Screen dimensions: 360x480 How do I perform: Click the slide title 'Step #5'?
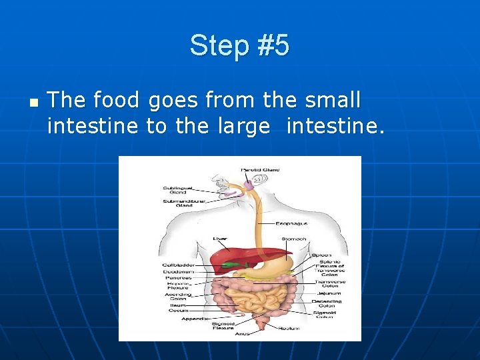239,46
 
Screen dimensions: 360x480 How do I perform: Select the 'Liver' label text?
220,238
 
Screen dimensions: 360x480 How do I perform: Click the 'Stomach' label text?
295,238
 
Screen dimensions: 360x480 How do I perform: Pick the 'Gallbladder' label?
177,265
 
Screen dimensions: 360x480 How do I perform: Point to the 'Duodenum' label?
178,271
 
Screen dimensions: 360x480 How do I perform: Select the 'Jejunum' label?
329,293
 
